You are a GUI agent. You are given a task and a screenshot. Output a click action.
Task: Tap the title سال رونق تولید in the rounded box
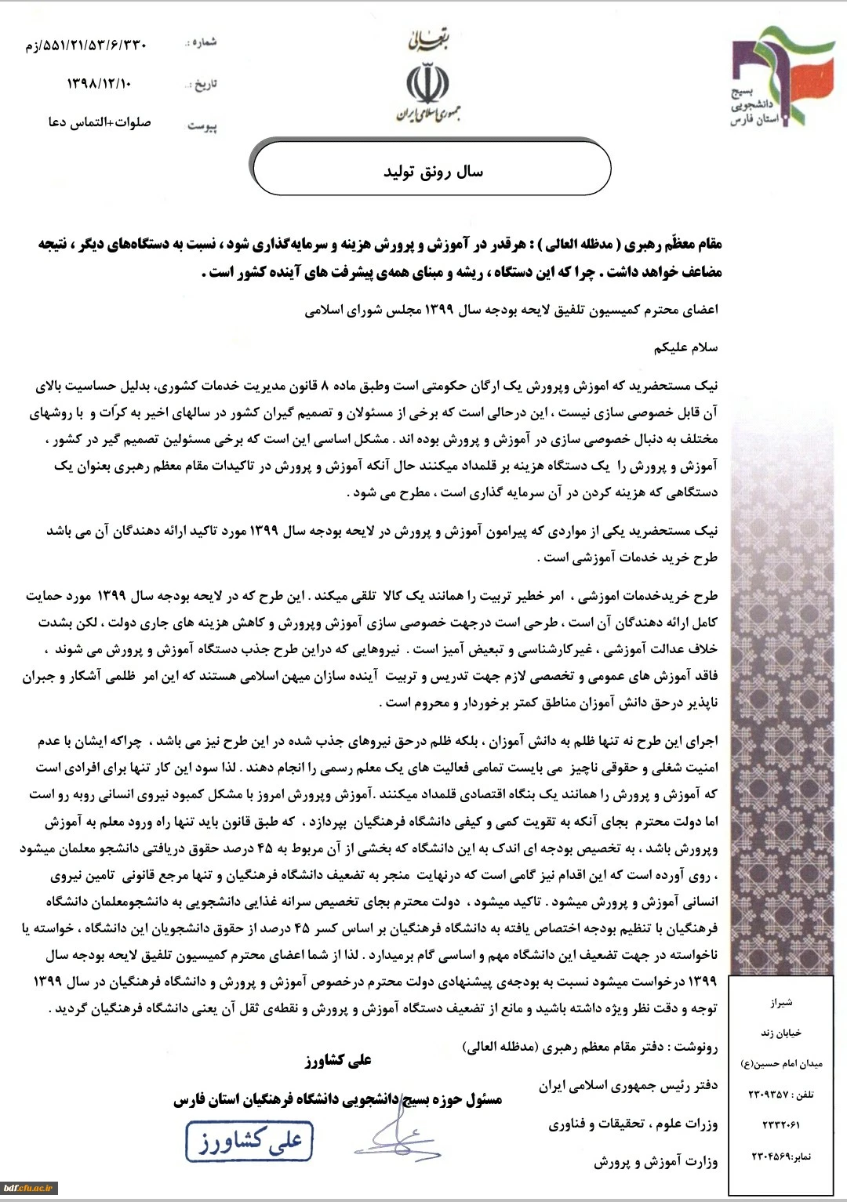point(433,172)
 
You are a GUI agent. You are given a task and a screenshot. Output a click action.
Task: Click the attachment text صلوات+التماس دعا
point(99,123)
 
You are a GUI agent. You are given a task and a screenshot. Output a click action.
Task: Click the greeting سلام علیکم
point(690,347)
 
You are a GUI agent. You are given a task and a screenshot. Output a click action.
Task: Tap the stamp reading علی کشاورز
point(249,1142)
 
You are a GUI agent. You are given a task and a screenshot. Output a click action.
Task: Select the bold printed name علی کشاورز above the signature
point(338,1060)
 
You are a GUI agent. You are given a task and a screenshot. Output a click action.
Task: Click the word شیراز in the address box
point(781,1003)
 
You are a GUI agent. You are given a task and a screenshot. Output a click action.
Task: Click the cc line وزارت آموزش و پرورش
point(655,1162)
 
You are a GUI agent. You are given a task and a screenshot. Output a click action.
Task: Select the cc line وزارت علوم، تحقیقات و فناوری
point(633,1124)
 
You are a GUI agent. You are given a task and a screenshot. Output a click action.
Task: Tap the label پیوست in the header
point(202,125)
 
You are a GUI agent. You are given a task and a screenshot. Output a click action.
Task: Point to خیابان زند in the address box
point(782,1033)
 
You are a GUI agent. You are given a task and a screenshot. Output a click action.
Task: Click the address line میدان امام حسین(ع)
point(781,1064)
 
